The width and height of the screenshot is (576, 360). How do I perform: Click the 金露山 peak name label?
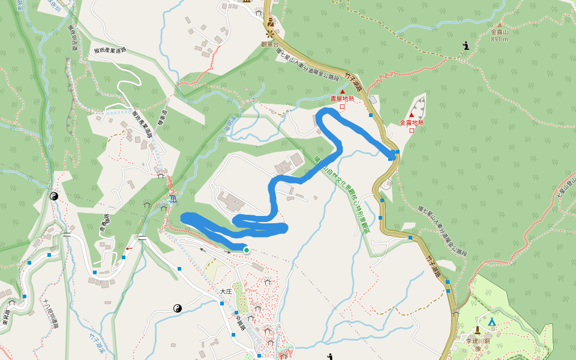pos(499,32)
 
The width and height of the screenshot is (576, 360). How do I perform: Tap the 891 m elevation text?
pos(499,40)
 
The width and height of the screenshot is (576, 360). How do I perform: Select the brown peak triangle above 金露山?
pos(499,25)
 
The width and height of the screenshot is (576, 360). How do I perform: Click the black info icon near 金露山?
pos(466,46)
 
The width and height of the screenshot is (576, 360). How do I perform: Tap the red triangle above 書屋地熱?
pos(343,91)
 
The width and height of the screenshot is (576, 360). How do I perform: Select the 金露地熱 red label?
pos(412,122)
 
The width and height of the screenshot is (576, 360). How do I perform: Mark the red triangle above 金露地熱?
pos(412,115)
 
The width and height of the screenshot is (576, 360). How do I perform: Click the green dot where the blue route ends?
pos(246,250)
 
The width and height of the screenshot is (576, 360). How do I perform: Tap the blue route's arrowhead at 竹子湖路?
pos(394,156)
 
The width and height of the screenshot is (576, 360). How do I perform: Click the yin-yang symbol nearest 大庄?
pos(178,308)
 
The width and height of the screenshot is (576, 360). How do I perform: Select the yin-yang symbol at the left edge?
pos(53,196)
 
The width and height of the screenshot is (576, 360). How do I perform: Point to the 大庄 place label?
pos(225,291)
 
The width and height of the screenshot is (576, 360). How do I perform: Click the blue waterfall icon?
pos(172,197)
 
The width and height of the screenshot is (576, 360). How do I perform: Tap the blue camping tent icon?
pos(491,322)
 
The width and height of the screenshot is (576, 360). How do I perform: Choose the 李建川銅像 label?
pos(478,344)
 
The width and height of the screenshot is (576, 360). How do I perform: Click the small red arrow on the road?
pos(129,248)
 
